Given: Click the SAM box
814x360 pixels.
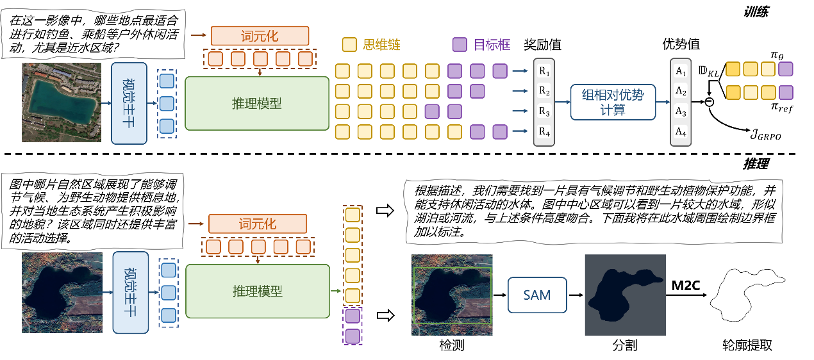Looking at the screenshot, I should pos(537,295).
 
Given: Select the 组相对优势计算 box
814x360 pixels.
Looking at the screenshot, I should pos(612,102).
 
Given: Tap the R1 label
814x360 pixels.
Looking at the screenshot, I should pos(544,70).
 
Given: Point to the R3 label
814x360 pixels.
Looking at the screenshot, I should pos(544,112).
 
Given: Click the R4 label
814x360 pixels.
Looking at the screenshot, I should pos(544,133).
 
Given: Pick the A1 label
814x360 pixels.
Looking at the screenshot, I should pos(681,72).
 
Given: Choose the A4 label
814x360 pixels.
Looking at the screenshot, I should pos(681,133).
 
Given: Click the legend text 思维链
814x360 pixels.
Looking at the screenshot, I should pos(381,45).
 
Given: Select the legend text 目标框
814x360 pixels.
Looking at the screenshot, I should pos(492,45).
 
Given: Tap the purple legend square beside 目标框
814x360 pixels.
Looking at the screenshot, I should pos(459,45).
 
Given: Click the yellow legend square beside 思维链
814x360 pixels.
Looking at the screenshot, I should pos(349,45).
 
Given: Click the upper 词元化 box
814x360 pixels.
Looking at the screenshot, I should pos(260,36).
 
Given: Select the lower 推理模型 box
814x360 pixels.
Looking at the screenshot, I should pos(257,291).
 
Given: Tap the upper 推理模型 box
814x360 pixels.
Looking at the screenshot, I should pos(256,103).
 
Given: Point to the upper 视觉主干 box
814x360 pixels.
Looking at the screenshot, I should pos(129,103).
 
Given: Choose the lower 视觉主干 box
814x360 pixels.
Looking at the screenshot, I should pos(130,292).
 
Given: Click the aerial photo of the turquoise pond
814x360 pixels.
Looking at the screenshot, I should pos(62,102).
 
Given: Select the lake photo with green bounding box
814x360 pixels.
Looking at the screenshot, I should pos(452,295).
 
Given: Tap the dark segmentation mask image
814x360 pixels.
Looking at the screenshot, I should pos(625,295).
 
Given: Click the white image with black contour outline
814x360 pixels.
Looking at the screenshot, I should pos(747,295).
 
